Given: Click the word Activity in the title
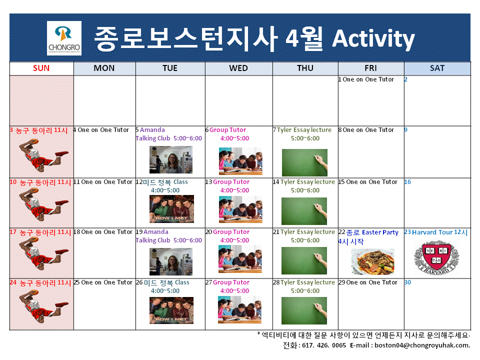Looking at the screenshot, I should click(x=373, y=38).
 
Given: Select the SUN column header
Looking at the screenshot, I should click(x=41, y=68).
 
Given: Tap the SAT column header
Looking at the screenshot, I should click(x=437, y=68).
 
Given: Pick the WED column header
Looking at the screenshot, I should click(x=238, y=68).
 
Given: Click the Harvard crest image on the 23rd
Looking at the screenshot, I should click(x=436, y=257).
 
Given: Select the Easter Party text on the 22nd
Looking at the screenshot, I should click(x=380, y=232).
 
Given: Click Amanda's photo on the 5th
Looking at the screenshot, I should click(x=170, y=160).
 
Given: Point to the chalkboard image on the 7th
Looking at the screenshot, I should click(x=304, y=162).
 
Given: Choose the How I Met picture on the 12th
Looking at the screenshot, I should click(x=171, y=209).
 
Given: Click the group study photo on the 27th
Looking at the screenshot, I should click(x=240, y=309).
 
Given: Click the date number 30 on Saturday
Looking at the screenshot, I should click(x=407, y=282).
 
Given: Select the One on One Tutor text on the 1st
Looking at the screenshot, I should click(x=368, y=79).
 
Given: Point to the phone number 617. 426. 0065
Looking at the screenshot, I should click(x=321, y=345).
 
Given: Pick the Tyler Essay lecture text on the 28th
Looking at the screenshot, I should click(x=307, y=282).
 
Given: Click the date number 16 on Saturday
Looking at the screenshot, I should click(x=407, y=182).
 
